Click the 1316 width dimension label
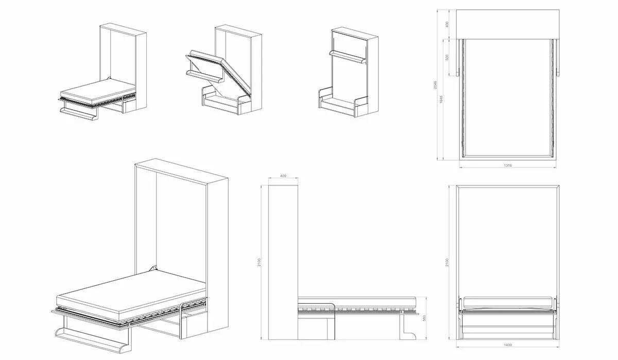point(508,165)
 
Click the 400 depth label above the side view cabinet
point(283,177)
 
